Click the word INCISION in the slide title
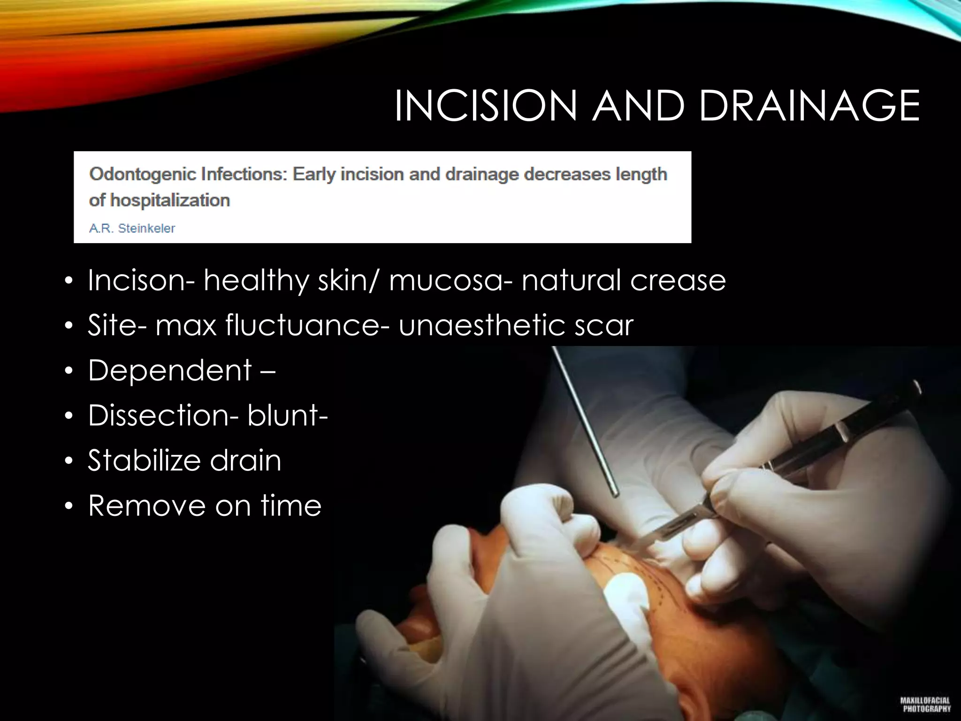[485, 106]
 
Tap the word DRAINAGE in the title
[809, 106]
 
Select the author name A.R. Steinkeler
[132, 229]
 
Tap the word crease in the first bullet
[678, 280]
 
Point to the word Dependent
[170, 370]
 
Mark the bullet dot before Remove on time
[69, 506]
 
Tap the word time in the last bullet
[291, 506]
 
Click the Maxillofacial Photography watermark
[925, 704]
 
